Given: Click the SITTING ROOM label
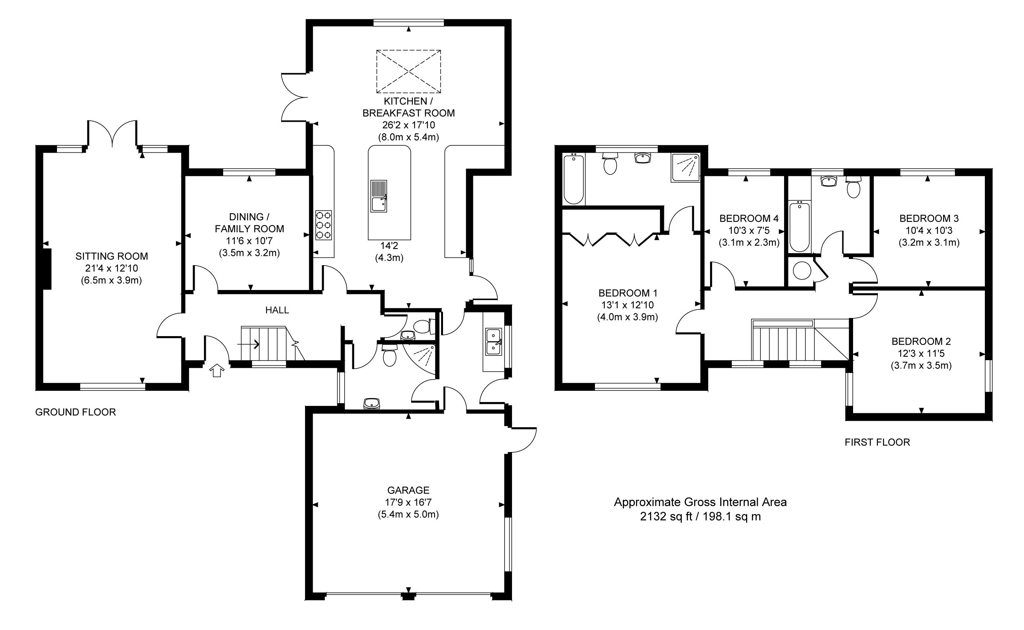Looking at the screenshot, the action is tap(112, 256).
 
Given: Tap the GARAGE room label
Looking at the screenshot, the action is tap(408, 490).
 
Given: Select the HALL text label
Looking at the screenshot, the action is tap(277, 310).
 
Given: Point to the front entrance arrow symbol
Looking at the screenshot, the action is tap(217, 370).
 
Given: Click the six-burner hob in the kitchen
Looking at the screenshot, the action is tap(324, 225).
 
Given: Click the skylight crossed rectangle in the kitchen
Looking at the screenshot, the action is tap(409, 71).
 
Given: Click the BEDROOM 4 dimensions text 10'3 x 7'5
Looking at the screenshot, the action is tap(749, 230).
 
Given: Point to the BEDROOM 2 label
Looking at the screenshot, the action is tap(921, 342).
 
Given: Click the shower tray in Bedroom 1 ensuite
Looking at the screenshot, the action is tap(685, 167).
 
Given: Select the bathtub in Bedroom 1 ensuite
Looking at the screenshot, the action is tap(573, 179).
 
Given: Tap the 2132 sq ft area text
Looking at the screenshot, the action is tap(666, 517).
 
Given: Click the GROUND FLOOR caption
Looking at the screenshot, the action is tap(75, 412).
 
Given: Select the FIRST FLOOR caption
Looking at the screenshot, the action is tap(877, 442).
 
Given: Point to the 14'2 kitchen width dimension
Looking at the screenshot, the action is tap(389, 246).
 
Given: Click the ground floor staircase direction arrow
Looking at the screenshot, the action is tap(248, 345).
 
